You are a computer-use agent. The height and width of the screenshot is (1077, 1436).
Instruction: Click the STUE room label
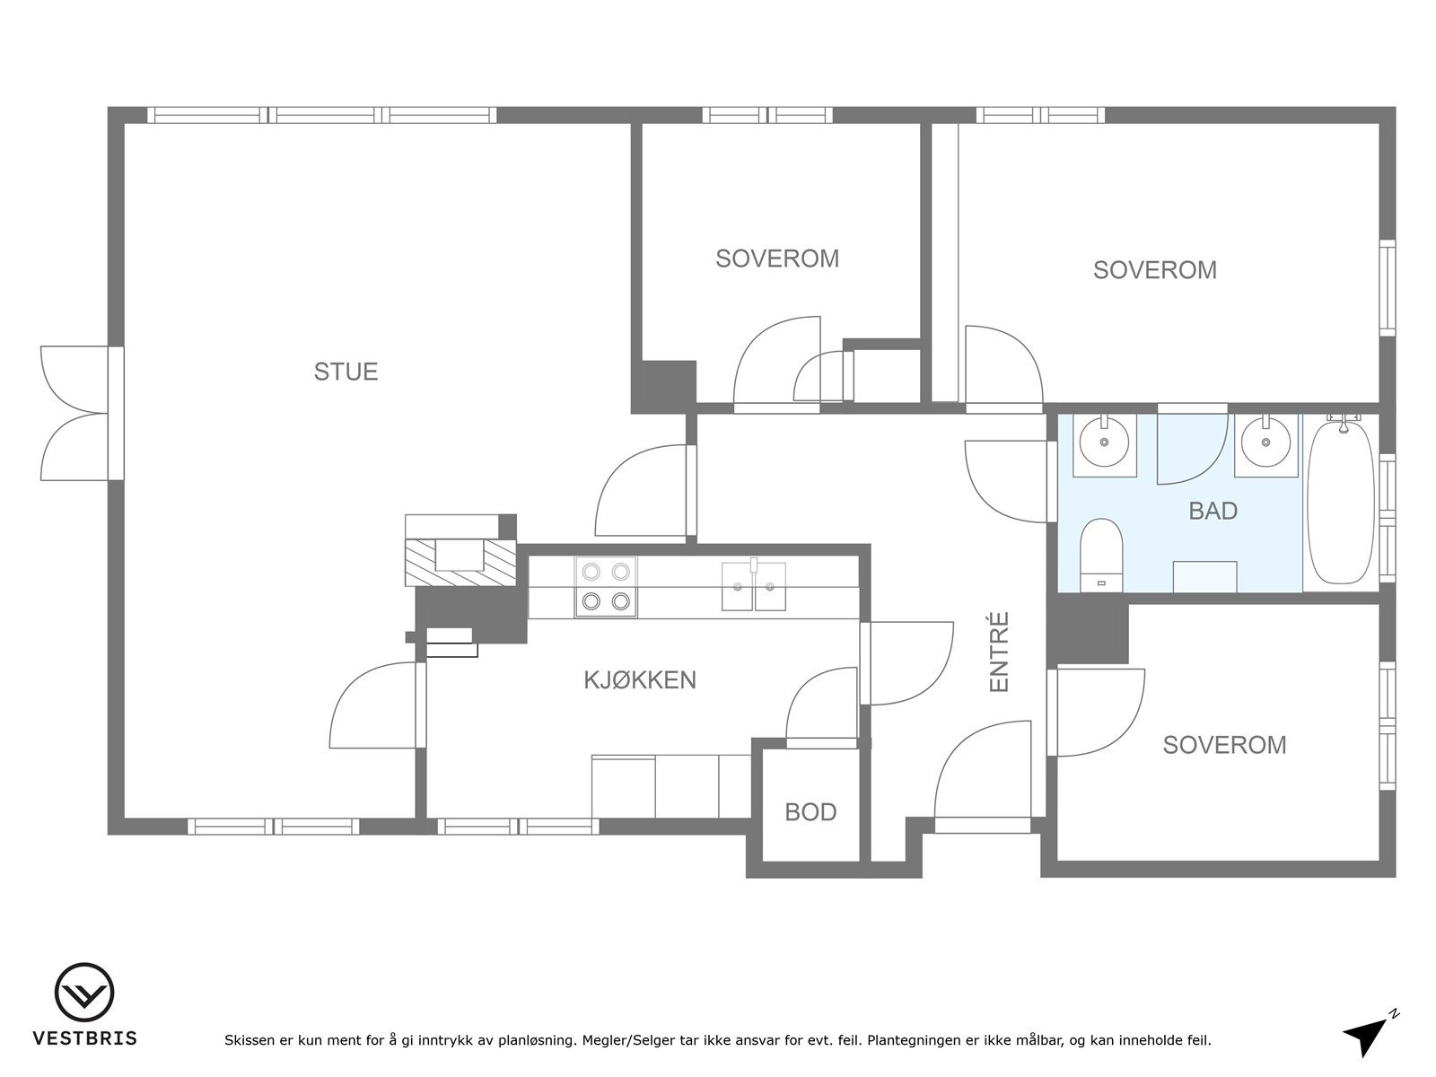(346, 372)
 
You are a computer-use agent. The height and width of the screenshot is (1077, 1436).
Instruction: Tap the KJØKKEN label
(640, 680)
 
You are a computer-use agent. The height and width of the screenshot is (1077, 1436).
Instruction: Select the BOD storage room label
(810, 812)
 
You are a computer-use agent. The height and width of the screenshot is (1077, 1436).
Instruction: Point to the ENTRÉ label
(999, 652)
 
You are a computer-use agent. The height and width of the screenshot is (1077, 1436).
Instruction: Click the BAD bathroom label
(1213, 511)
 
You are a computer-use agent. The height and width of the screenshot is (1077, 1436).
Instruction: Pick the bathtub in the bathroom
(1341, 503)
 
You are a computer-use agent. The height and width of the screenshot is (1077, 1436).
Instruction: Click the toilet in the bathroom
(1101, 556)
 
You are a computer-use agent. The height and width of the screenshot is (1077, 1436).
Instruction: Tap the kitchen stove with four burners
(606, 587)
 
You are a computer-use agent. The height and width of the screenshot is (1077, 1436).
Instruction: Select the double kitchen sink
(754, 587)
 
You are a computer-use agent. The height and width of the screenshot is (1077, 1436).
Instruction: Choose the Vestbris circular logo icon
(84, 992)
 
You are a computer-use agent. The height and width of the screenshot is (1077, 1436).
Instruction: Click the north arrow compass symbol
(1369, 1031)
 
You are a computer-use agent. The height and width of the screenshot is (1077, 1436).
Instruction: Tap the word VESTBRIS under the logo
(85, 1038)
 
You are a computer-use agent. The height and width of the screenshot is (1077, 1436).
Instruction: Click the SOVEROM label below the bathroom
(1224, 745)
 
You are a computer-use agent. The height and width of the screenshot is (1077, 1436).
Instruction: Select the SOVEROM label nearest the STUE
(777, 258)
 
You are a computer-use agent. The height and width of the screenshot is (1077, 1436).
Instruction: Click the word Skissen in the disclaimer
(249, 1039)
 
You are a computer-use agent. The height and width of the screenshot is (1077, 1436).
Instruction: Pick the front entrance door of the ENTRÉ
(982, 776)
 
